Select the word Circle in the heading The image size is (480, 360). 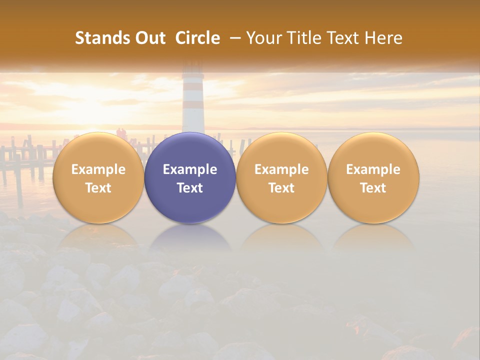(x=197, y=38)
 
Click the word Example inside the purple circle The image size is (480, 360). (x=190, y=169)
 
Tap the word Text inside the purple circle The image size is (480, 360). (x=190, y=188)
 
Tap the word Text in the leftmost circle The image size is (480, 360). (x=98, y=188)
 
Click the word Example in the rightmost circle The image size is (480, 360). (x=373, y=169)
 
